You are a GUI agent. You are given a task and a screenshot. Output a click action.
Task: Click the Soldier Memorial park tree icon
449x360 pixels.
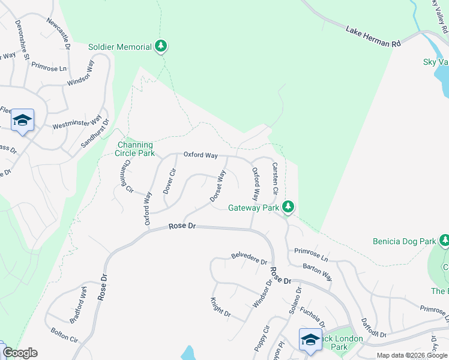coord(160,46)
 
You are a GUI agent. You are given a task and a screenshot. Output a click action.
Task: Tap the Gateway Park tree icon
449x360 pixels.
coord(289,207)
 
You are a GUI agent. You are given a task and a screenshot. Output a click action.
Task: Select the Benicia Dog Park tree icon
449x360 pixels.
coord(444,241)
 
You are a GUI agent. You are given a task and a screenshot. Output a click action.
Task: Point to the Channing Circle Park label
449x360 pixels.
coord(135,149)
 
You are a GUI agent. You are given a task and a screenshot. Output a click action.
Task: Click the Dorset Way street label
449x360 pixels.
coord(218,187)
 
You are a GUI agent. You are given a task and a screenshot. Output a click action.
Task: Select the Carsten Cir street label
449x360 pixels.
coord(275,178)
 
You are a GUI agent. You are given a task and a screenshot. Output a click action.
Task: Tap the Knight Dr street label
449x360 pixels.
coord(220,307)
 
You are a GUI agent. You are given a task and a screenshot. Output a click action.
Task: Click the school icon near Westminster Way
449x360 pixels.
coord(22,120)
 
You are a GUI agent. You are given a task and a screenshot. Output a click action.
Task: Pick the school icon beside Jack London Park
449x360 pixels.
coord(310,339)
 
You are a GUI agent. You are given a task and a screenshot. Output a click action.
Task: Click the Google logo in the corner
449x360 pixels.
coord(20,353)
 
